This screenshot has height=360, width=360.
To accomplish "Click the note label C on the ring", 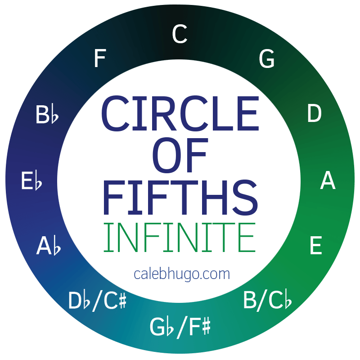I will [x=180, y=35].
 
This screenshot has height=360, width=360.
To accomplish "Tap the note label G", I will [x=267, y=59].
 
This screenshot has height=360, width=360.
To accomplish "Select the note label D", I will [x=314, y=114].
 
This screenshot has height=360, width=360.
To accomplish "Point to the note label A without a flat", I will [x=328, y=181].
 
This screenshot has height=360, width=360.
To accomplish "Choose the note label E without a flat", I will [x=315, y=246].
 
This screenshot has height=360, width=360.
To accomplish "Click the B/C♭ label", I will [x=267, y=301].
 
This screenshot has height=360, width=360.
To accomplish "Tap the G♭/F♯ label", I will [x=180, y=327].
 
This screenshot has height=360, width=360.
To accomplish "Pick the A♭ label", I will [x=49, y=246].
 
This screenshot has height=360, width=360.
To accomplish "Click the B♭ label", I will [x=47, y=115].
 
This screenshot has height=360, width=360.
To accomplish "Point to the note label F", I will [x=99, y=59].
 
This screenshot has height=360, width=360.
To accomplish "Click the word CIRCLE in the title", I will [x=180, y=113].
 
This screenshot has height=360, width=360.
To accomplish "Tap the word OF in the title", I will [x=180, y=156].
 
